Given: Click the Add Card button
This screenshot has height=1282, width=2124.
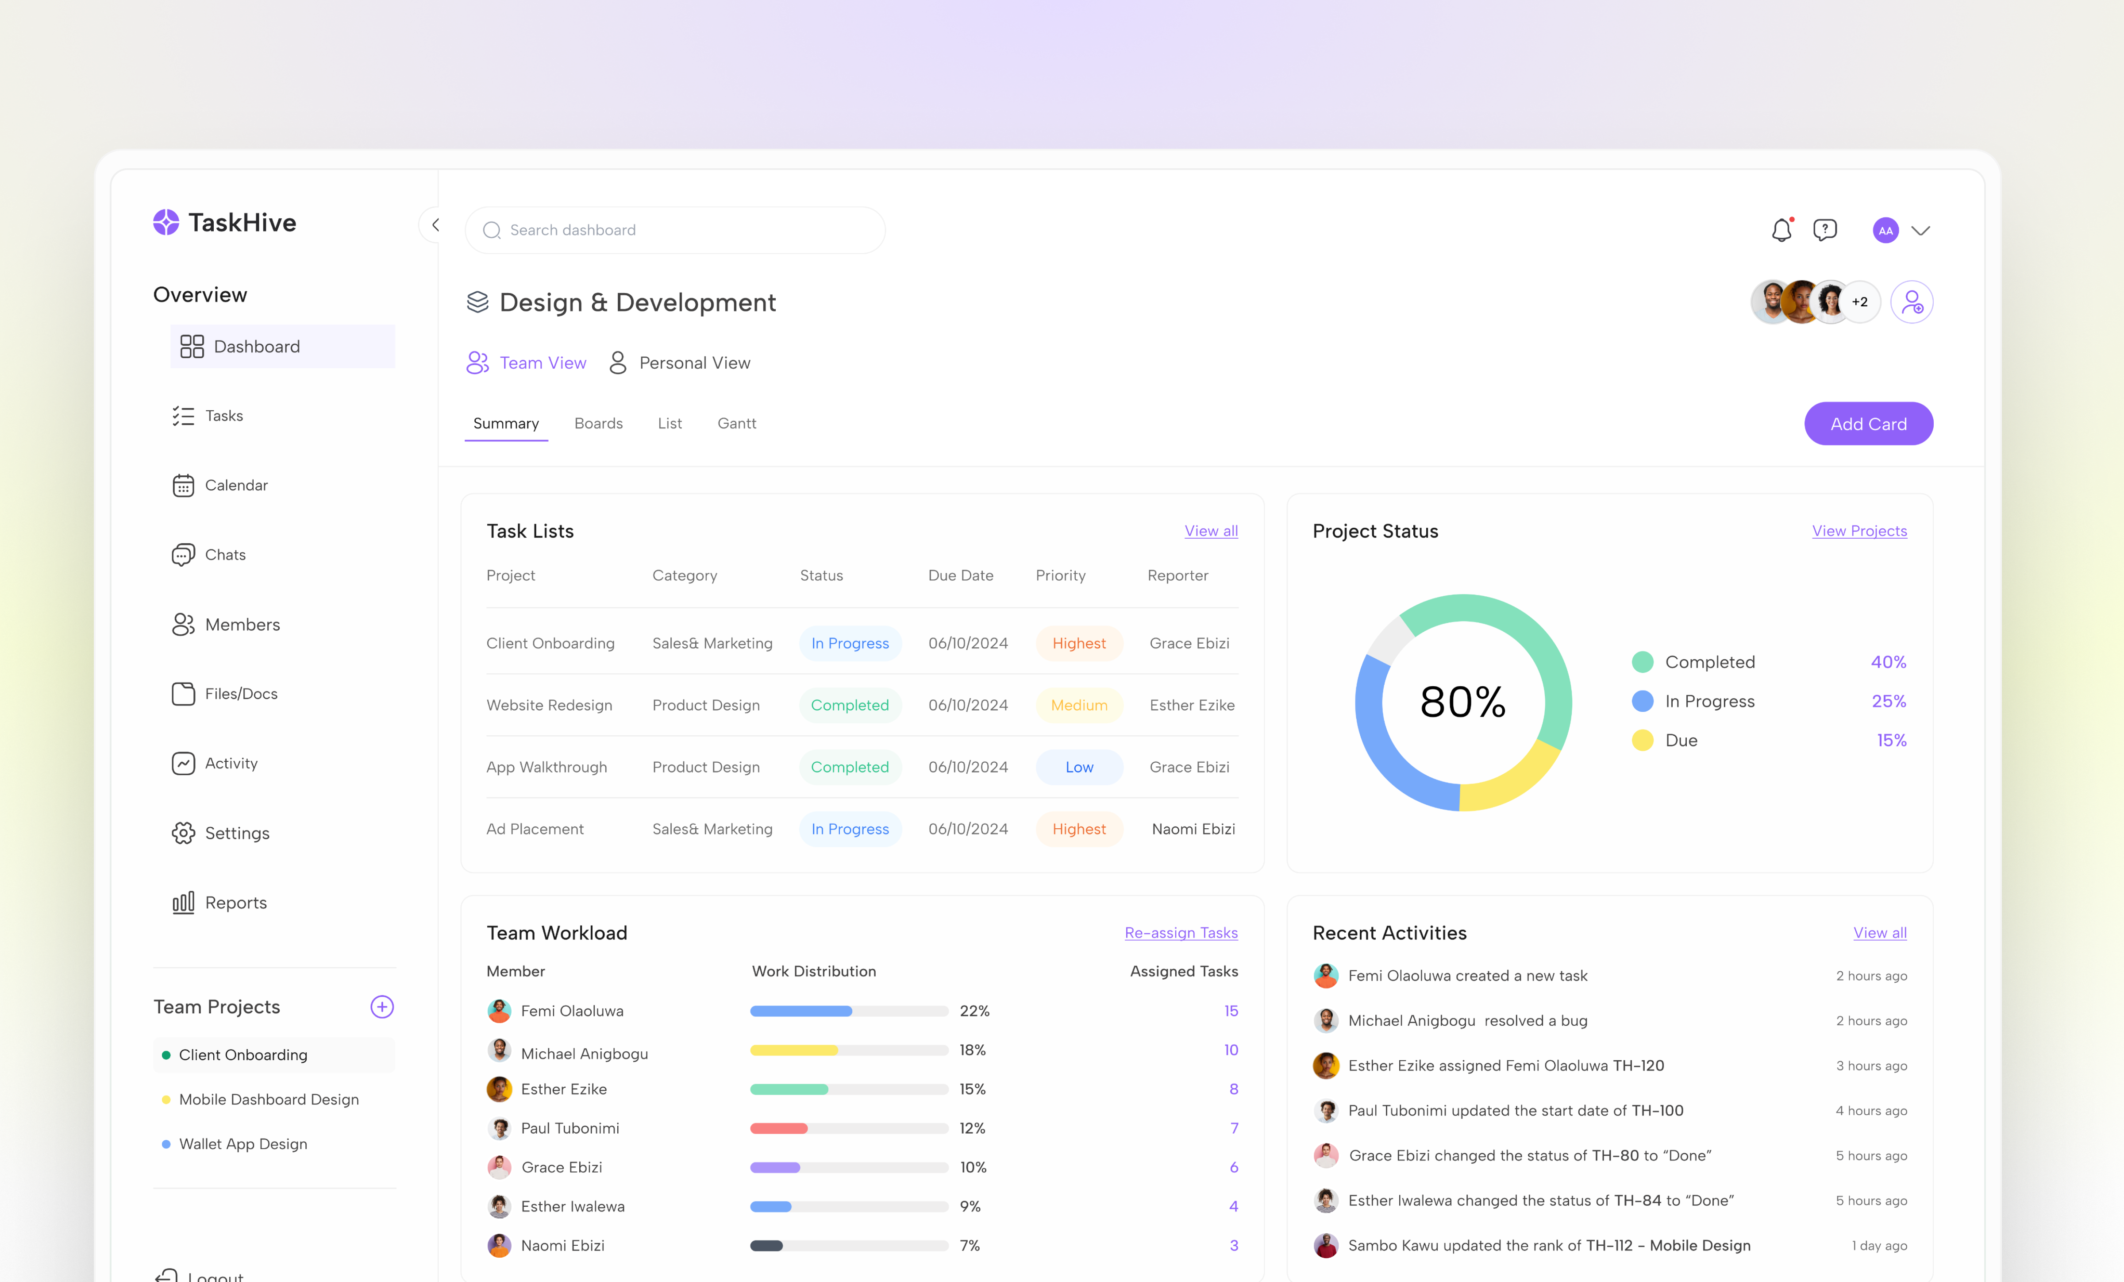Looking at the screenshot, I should click(1868, 423).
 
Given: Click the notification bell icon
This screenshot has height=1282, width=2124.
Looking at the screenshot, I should click(1781, 230).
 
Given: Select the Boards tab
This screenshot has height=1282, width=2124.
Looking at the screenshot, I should click(598, 423).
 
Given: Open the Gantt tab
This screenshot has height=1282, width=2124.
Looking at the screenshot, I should click(736, 423).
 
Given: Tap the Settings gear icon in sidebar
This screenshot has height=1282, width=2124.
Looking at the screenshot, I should click(183, 833).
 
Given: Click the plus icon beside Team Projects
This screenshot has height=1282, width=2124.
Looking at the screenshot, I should click(382, 1007).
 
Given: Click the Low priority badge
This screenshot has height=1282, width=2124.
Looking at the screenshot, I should click(1078, 767).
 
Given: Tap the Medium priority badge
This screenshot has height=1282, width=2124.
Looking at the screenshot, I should click(1078, 705).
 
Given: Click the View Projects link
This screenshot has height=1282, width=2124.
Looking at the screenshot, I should click(1858, 531).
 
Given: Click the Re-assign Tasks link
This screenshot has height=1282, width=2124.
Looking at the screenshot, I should click(1180, 933).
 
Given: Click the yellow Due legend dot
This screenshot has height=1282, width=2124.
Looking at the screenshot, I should click(1642, 741).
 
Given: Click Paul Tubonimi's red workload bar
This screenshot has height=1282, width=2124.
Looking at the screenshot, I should click(778, 1128).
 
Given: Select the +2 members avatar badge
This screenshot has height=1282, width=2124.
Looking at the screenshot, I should click(1859, 302).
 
